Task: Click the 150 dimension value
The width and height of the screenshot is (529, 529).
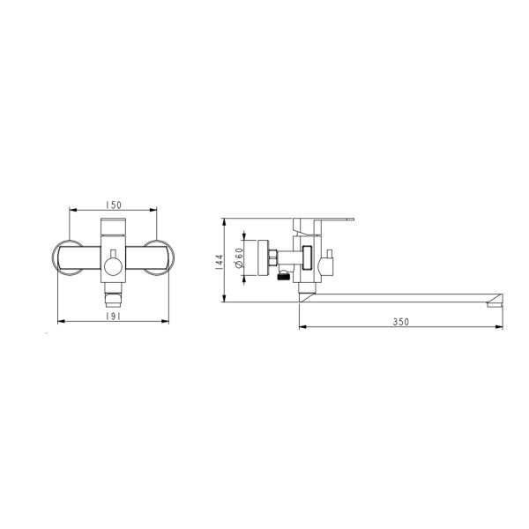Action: [x=112, y=205]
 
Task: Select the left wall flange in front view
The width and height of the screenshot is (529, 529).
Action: [x=63, y=257]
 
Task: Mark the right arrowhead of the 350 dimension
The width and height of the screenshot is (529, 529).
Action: [x=501, y=330]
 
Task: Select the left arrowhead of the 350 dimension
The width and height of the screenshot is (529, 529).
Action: [x=302, y=330]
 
